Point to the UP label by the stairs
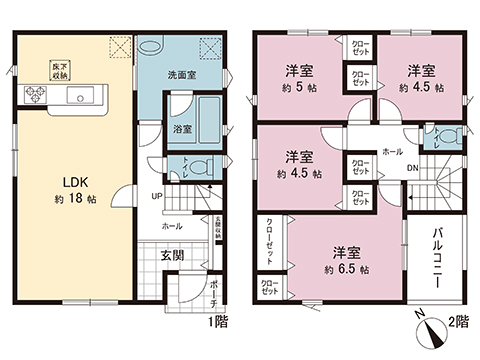(x=157, y=195)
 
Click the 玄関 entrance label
(x=173, y=255)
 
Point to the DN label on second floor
(x=413, y=169)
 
